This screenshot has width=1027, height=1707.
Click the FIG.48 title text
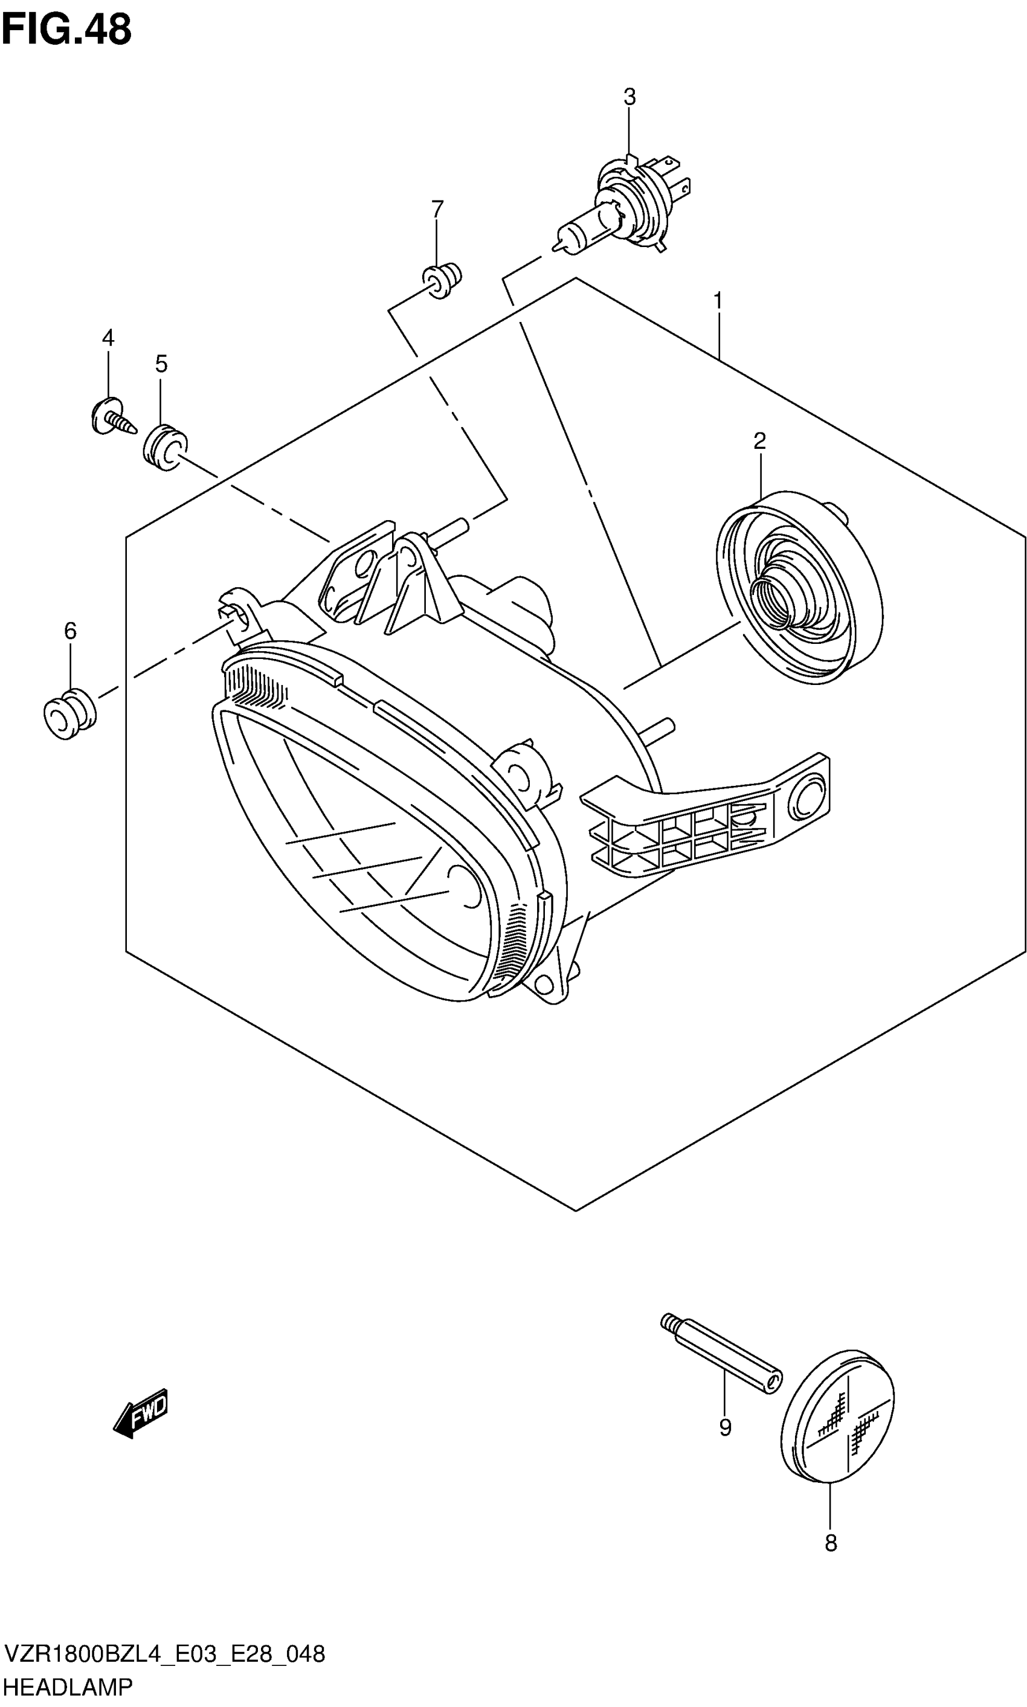click(66, 30)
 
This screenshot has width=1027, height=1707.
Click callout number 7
click(437, 209)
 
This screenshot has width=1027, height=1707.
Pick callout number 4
click(108, 338)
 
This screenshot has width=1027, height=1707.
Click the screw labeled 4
click(111, 417)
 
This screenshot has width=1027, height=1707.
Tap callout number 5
click(161, 364)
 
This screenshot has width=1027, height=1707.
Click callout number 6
click(70, 631)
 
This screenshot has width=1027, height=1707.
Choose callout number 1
click(718, 301)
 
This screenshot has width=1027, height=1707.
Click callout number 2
click(759, 441)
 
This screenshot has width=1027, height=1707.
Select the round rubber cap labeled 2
click(799, 588)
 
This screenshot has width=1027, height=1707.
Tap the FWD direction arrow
click(141, 1412)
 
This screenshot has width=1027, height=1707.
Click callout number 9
click(724, 1427)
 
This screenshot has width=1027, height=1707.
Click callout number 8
click(831, 1542)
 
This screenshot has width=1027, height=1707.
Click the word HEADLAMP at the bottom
click(68, 1687)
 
